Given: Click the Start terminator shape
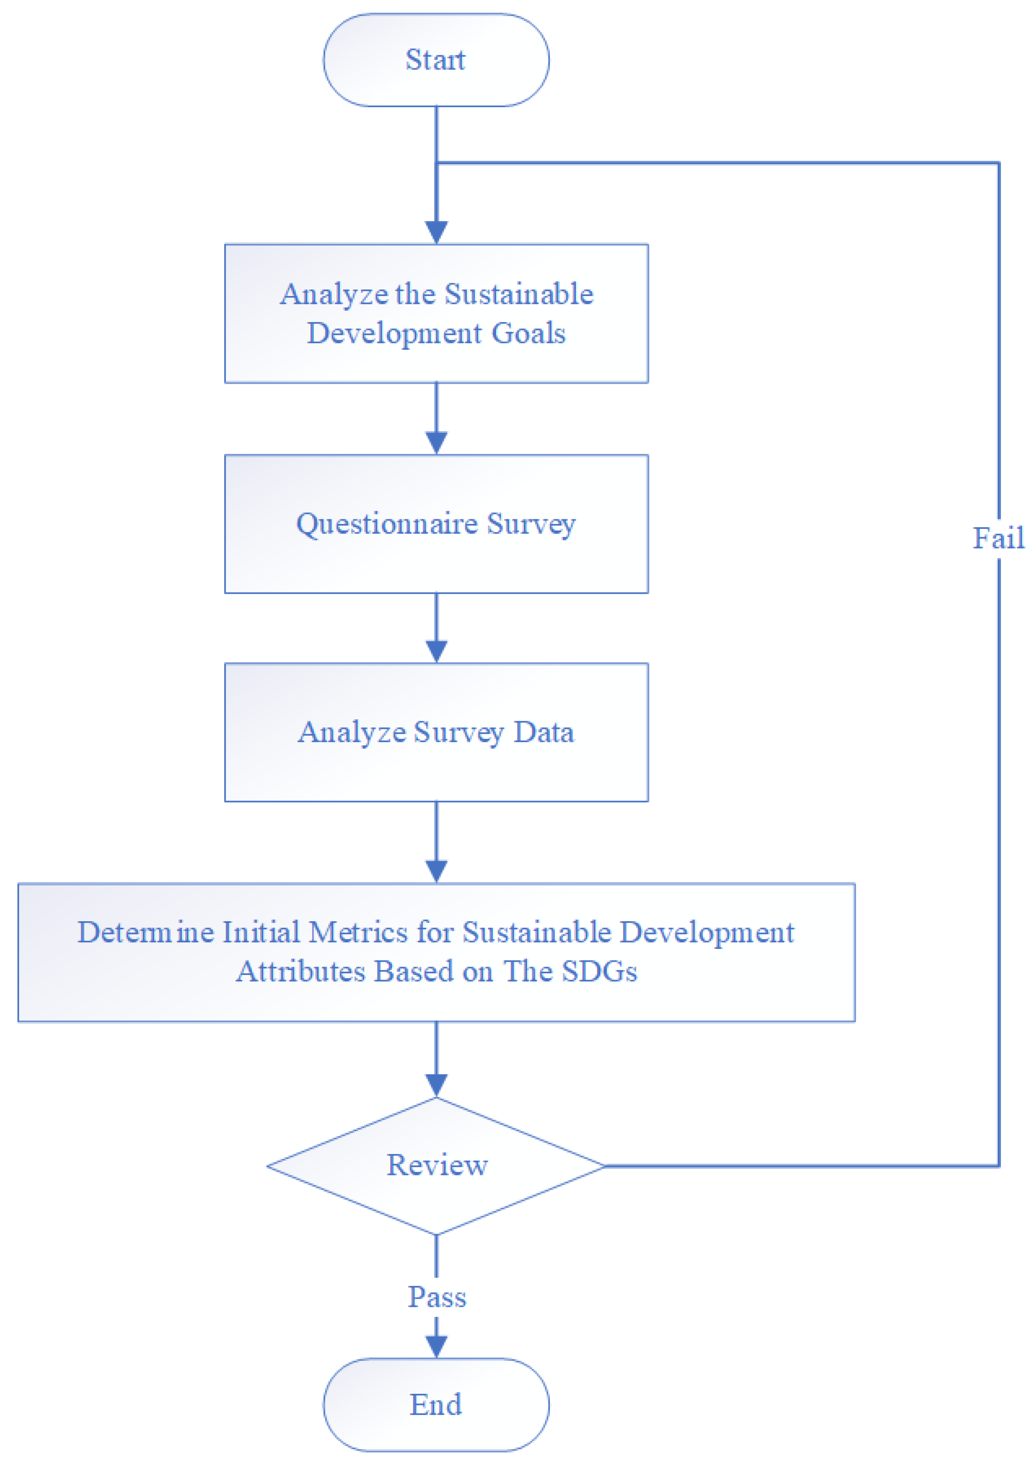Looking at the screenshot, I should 436,60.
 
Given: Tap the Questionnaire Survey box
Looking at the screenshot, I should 436,524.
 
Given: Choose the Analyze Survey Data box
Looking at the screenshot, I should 436,732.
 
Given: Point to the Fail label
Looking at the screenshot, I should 998,538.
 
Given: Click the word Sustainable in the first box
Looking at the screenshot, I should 519,294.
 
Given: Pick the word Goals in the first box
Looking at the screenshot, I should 528,334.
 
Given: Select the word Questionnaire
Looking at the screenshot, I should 387,524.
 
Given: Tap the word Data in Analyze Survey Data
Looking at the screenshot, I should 544,732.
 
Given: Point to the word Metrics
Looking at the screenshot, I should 358,932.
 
